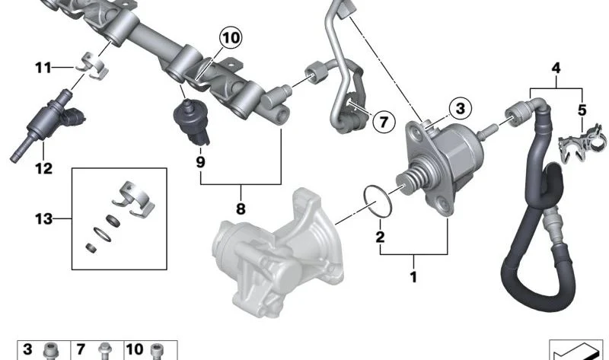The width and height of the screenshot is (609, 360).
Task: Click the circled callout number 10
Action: pos(231,38)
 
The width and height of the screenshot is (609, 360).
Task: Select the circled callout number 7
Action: pos(384,122)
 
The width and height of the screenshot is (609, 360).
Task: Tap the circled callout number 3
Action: pos(461,108)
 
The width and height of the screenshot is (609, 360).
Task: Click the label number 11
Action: pos(43,68)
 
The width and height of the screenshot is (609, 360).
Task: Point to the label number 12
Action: pos(43,168)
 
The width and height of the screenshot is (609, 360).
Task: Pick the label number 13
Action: pos(43,219)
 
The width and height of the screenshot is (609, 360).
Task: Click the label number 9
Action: pos(200,162)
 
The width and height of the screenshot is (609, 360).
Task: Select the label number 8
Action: pos(241,209)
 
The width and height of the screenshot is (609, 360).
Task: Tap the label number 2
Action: pos(380,237)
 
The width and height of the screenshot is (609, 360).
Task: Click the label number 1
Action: pos(413,277)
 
